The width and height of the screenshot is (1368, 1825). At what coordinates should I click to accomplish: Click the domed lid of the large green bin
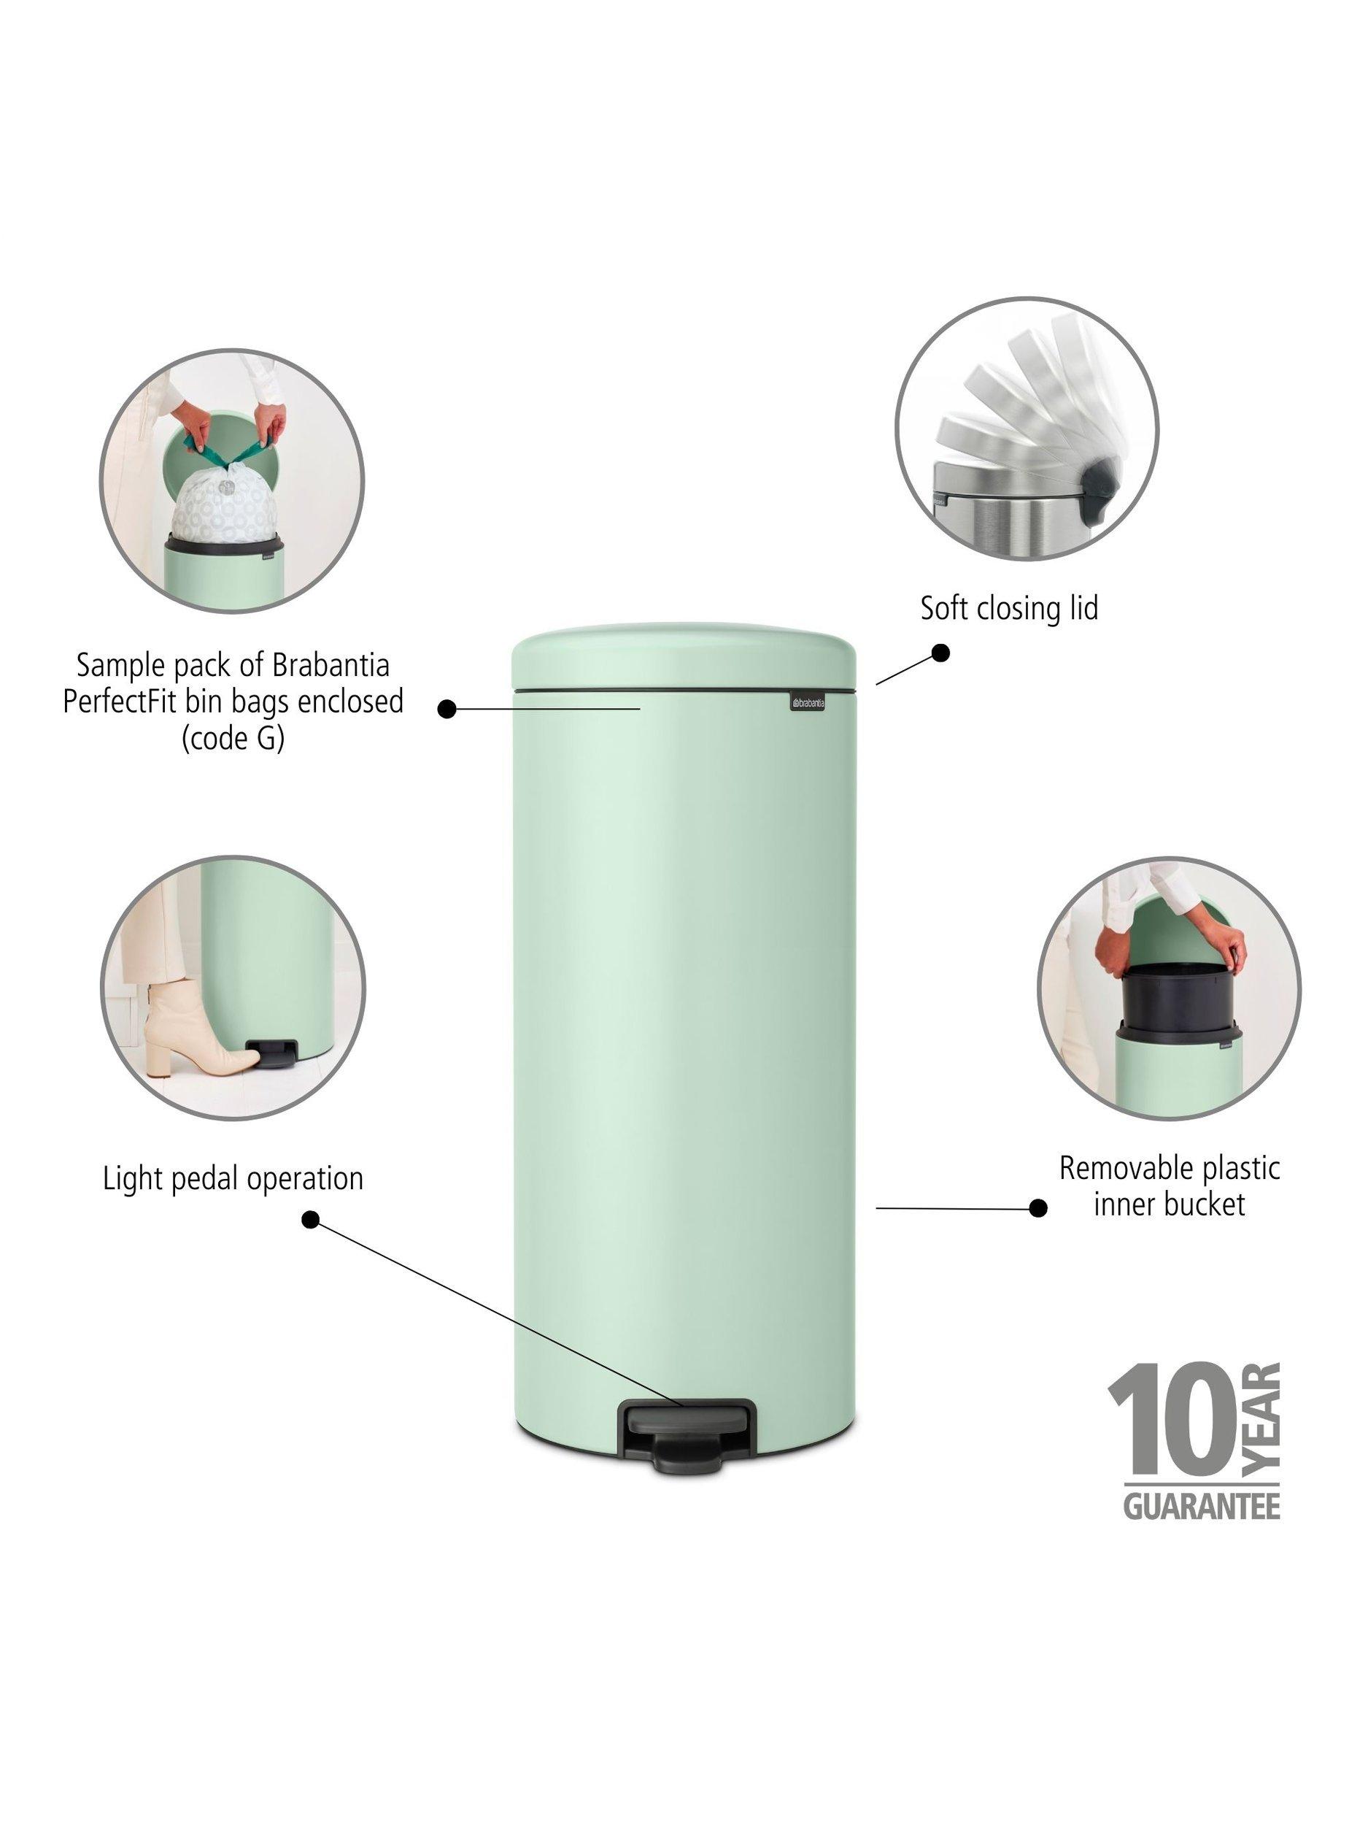point(684,656)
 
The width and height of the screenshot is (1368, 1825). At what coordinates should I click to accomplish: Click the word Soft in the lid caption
point(943,608)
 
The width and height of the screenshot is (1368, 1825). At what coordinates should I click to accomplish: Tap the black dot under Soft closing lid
point(940,653)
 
